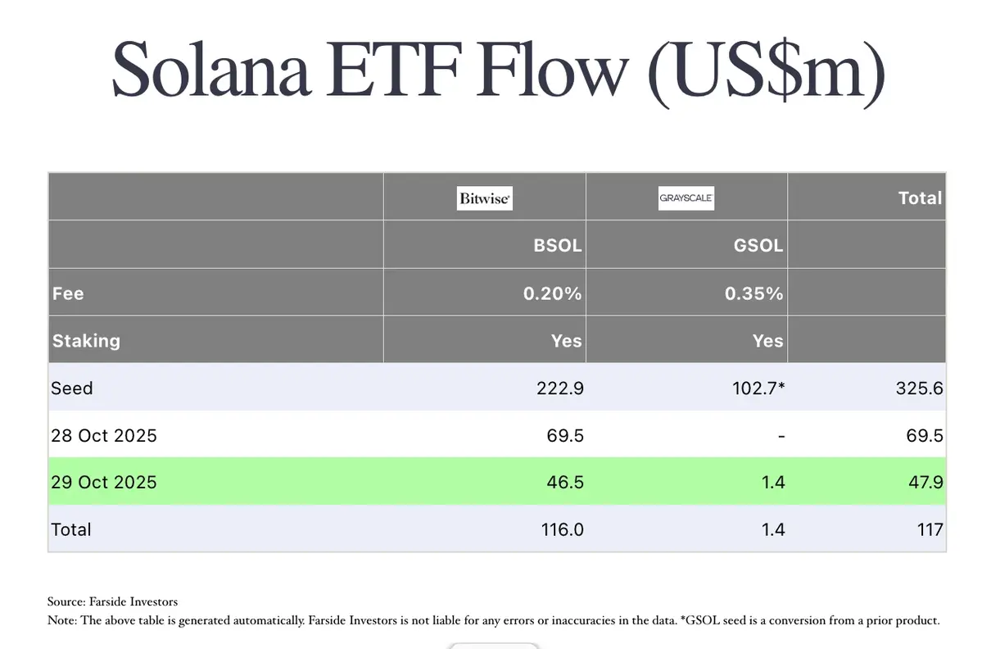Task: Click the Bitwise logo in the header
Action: (x=484, y=198)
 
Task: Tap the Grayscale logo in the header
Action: (x=686, y=198)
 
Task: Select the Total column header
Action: (x=920, y=198)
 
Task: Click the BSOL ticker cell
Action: (x=558, y=245)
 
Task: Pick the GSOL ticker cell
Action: (x=758, y=245)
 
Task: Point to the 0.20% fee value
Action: (x=552, y=293)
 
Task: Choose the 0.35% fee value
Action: (x=753, y=293)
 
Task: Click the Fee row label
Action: (x=68, y=293)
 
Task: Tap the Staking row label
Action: (x=86, y=341)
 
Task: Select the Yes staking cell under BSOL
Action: (x=566, y=341)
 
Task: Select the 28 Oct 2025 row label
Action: (x=104, y=436)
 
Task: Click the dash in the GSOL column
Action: (x=781, y=436)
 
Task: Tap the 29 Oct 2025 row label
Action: (x=104, y=483)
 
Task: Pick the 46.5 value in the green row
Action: (x=565, y=483)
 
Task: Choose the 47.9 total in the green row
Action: (x=925, y=483)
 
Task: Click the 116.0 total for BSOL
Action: (x=562, y=530)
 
